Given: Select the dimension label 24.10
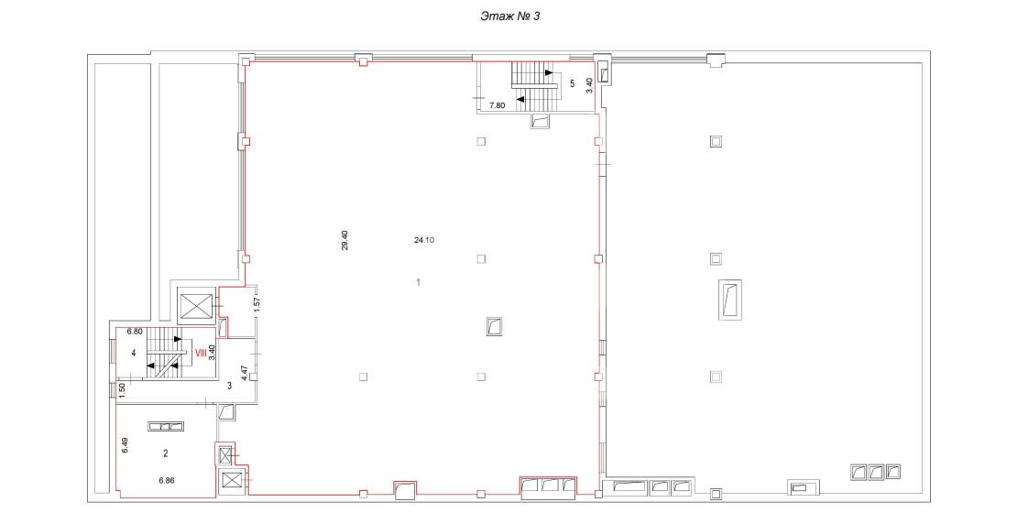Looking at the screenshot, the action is (x=425, y=240).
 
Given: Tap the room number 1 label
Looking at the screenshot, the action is (x=419, y=282).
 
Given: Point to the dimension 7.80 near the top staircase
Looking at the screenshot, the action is (x=498, y=104).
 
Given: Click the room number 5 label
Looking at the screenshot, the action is (x=573, y=83).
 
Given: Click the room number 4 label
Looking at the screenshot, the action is (x=134, y=353).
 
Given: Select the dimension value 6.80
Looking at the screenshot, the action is (x=135, y=333).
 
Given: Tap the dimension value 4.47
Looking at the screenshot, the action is (x=245, y=373).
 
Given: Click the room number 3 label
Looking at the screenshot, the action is (x=229, y=386).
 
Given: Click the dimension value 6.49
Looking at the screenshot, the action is (x=124, y=447).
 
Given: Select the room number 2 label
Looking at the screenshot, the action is (x=166, y=453).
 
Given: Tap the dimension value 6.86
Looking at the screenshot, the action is (x=167, y=480).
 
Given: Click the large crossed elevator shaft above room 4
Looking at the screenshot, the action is (x=197, y=306).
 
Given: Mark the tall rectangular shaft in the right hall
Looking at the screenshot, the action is (x=729, y=300).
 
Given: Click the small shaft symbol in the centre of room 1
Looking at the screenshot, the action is (x=494, y=326).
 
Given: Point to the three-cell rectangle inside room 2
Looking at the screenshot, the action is (x=165, y=426).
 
